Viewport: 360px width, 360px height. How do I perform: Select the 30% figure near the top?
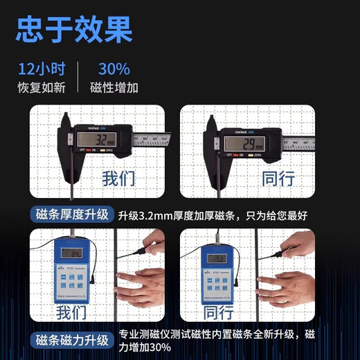114,69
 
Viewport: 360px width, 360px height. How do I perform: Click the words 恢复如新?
41,88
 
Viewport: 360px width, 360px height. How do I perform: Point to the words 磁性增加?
114,88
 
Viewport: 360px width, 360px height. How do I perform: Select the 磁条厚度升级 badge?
72,215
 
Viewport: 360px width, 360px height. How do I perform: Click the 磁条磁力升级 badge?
72,340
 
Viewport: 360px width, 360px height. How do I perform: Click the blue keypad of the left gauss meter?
72,280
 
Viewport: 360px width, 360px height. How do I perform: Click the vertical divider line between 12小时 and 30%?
78,78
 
